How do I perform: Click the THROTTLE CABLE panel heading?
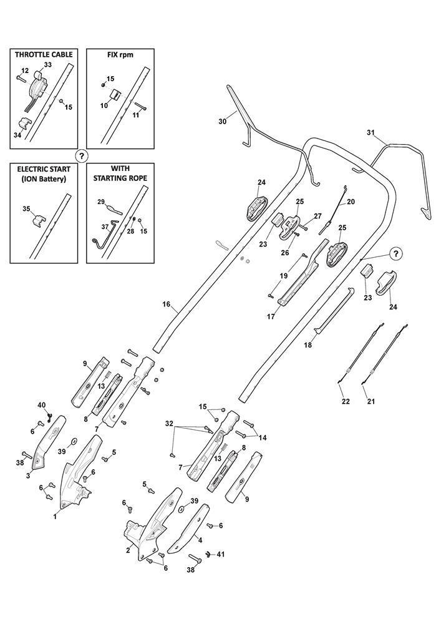(44, 54)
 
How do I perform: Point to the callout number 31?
(371, 132)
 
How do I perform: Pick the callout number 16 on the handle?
(166, 305)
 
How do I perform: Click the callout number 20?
(351, 202)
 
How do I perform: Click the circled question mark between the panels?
(81, 155)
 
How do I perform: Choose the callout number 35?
(26, 208)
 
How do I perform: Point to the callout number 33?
(47, 66)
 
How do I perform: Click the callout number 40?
(42, 406)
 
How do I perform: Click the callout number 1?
(55, 516)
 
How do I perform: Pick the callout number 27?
(317, 216)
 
